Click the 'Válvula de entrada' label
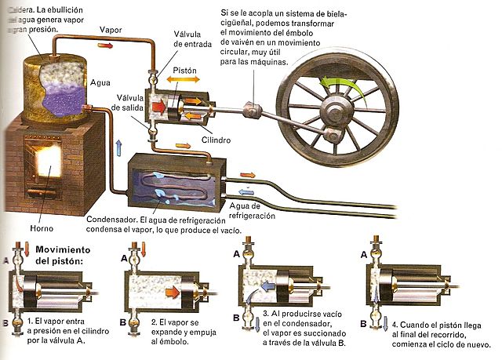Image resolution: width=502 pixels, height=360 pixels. click(x=188, y=39)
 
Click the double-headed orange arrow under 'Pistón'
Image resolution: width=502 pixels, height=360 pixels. click(x=185, y=81)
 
